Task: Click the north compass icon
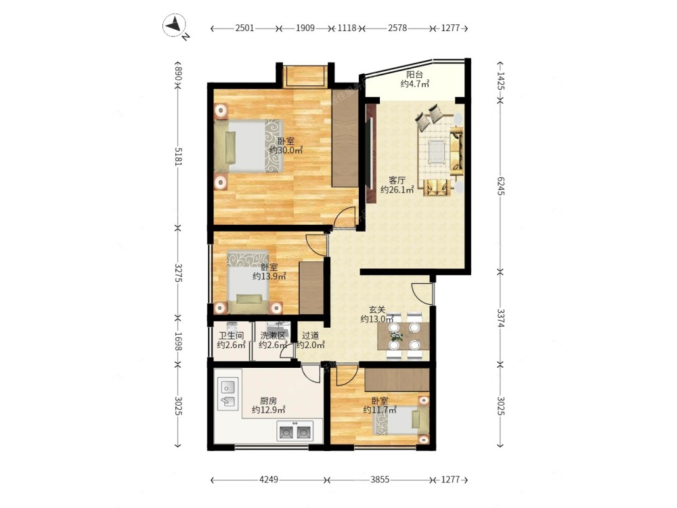(x=175, y=25)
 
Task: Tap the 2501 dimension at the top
(x=244, y=28)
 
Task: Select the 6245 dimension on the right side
(x=500, y=186)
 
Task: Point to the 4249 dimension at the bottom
(x=269, y=480)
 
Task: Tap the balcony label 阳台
(x=414, y=75)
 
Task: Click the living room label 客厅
(x=397, y=180)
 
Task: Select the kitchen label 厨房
(x=268, y=401)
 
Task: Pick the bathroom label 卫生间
(x=231, y=336)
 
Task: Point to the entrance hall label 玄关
(x=377, y=310)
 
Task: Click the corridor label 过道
(x=311, y=336)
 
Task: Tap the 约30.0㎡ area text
(x=286, y=150)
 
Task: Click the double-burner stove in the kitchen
(x=294, y=431)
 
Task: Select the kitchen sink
(x=228, y=393)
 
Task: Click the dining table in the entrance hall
(x=403, y=336)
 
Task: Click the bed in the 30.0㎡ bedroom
(x=248, y=146)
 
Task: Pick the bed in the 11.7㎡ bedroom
(x=401, y=420)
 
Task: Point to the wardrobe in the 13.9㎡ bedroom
(x=311, y=288)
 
